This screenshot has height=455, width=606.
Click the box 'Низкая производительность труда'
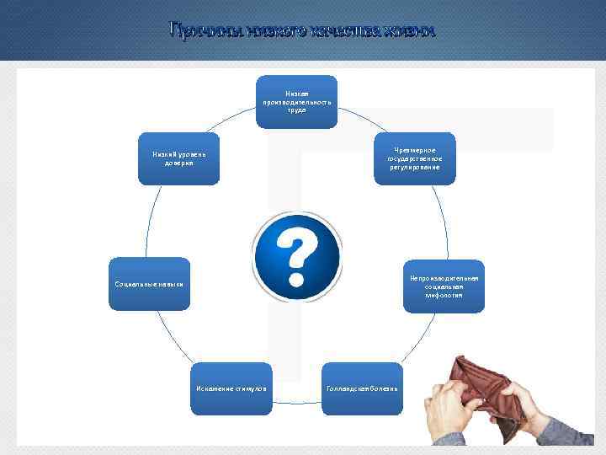pos(296,101)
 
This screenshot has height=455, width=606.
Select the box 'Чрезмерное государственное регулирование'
pos(414,158)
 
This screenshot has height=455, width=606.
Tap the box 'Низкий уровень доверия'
pos(178,158)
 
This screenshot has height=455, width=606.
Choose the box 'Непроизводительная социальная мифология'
pos(444,286)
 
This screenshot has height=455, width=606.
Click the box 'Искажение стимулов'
pos(231,388)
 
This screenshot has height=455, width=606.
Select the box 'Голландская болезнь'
pos(363,388)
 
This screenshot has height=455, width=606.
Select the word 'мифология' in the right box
pos(444,296)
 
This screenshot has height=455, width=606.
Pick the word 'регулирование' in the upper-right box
pos(414,167)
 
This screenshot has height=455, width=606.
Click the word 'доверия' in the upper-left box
pos(178,163)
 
